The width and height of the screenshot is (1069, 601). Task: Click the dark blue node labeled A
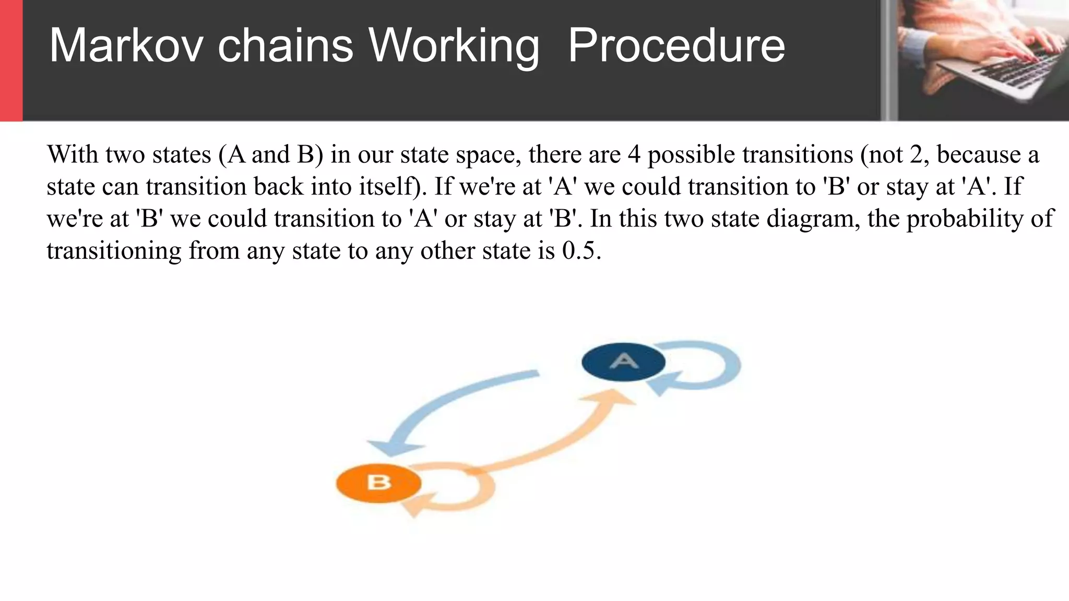tap(623, 362)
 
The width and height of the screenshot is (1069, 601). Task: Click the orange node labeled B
tap(378, 483)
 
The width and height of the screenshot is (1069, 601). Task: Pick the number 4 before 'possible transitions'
tap(634, 155)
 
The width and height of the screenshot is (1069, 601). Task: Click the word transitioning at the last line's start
tap(114, 251)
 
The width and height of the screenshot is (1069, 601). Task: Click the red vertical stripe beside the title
tap(11, 60)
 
